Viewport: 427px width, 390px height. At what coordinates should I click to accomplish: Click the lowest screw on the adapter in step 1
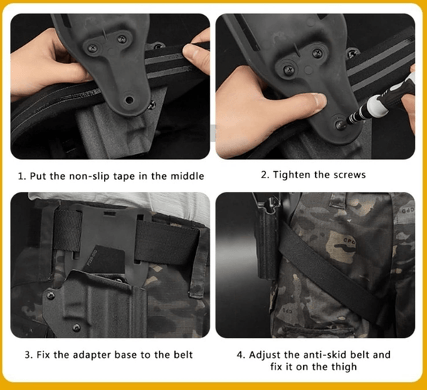130,100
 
